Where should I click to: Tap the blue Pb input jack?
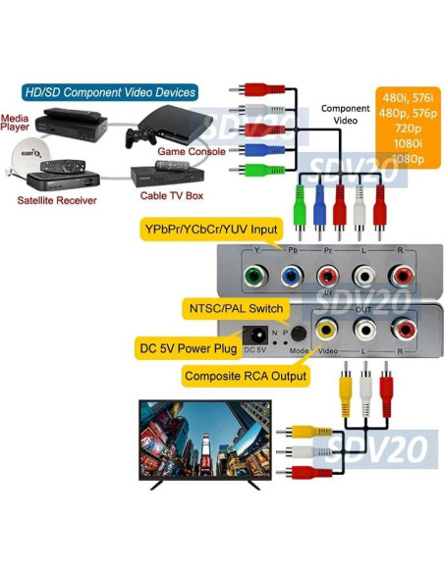point(290,276)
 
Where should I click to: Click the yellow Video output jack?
point(325,330)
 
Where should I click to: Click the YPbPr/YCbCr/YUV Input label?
point(210,231)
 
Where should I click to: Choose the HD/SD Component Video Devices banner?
point(109,92)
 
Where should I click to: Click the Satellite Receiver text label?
point(57,200)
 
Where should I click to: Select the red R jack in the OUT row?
point(404,330)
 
